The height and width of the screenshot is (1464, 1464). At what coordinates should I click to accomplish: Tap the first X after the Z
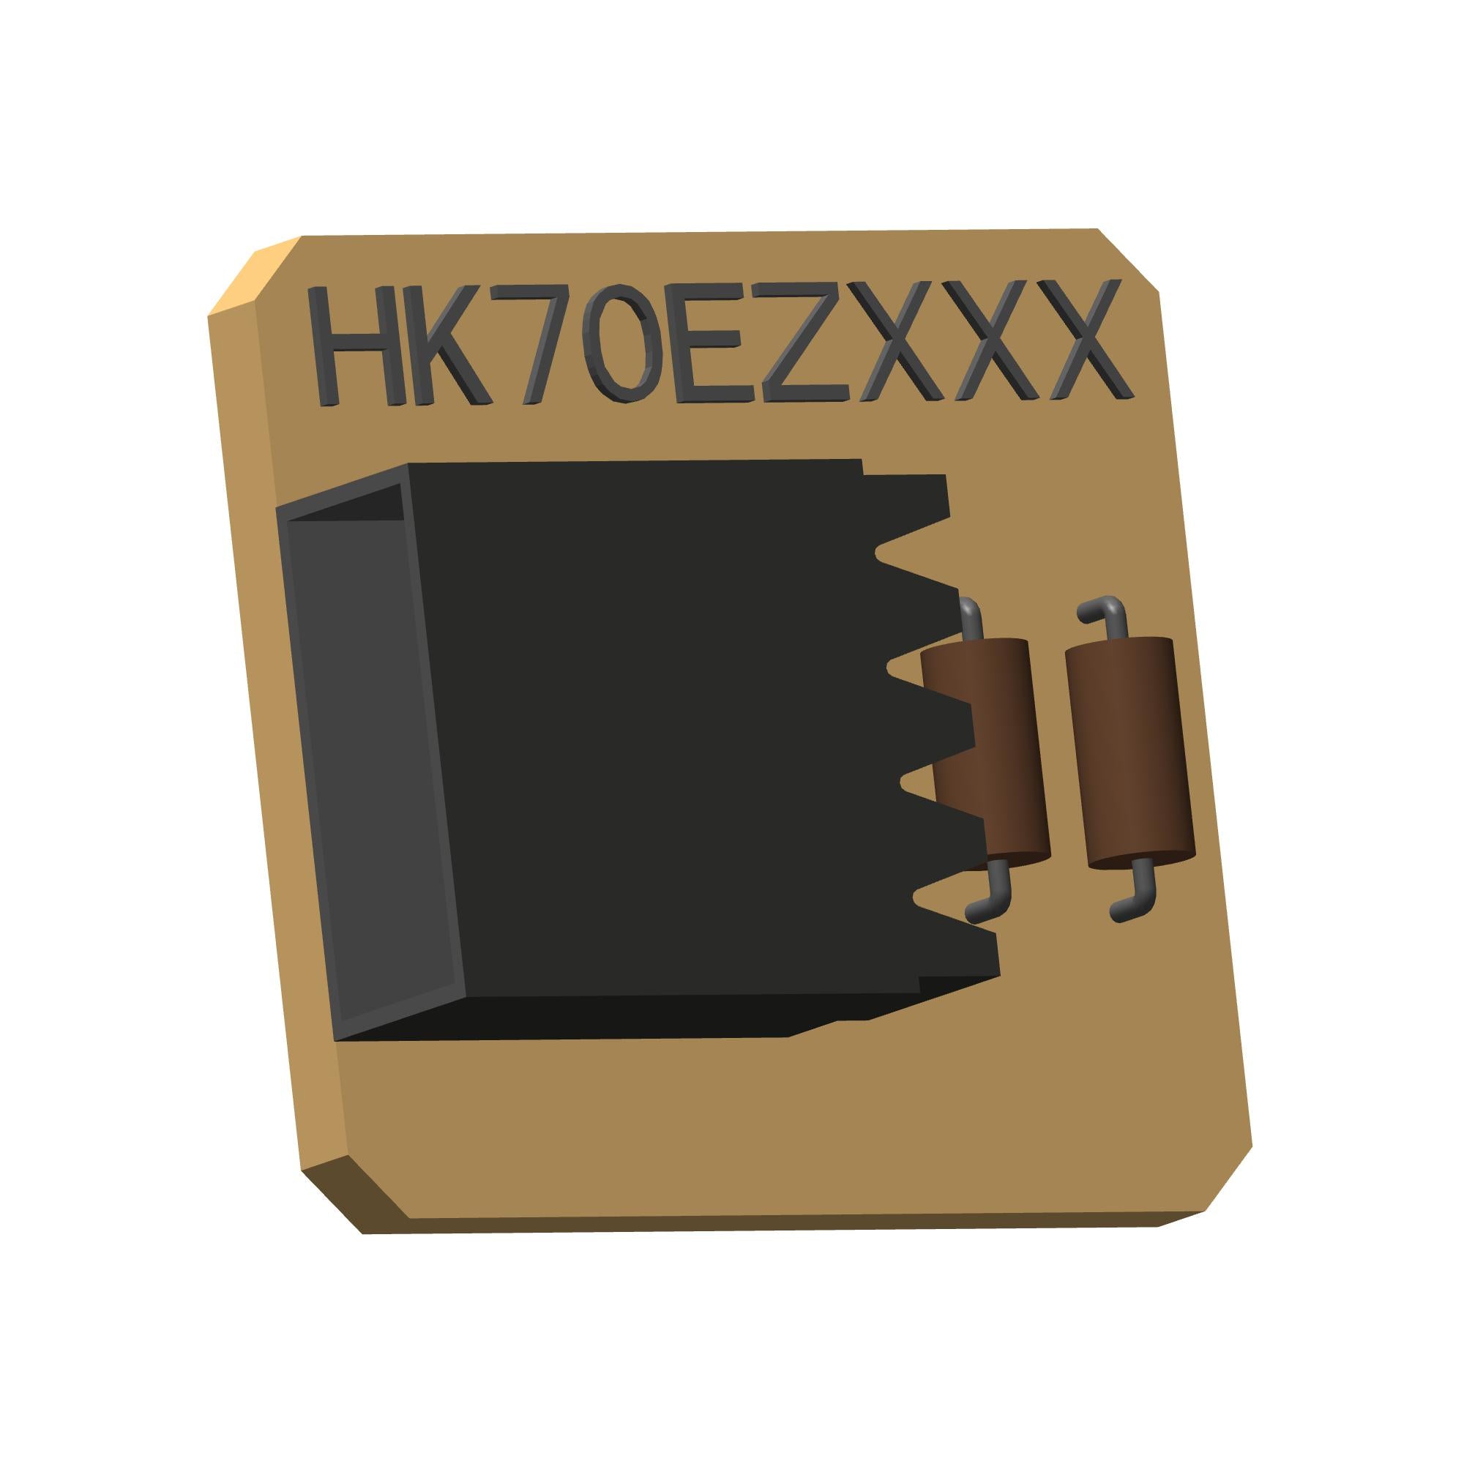pos(898,340)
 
